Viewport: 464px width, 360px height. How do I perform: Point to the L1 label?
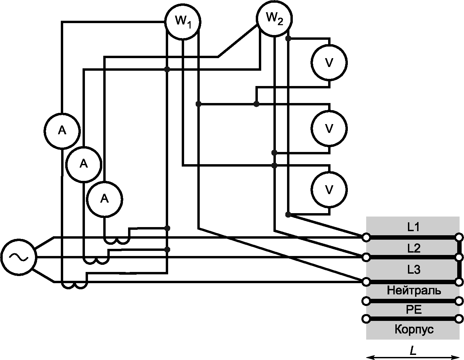point(414,227)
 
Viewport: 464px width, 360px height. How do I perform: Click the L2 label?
point(414,248)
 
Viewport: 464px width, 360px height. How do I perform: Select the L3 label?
point(414,270)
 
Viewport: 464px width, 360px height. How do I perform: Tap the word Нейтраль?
point(414,291)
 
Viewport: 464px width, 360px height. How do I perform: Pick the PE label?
point(414,310)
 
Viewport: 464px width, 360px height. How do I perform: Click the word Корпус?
point(414,329)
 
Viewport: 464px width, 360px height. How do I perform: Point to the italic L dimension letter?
point(413,350)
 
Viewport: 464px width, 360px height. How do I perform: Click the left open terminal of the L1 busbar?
point(366,238)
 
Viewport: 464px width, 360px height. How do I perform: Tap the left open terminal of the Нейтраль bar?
point(366,301)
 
